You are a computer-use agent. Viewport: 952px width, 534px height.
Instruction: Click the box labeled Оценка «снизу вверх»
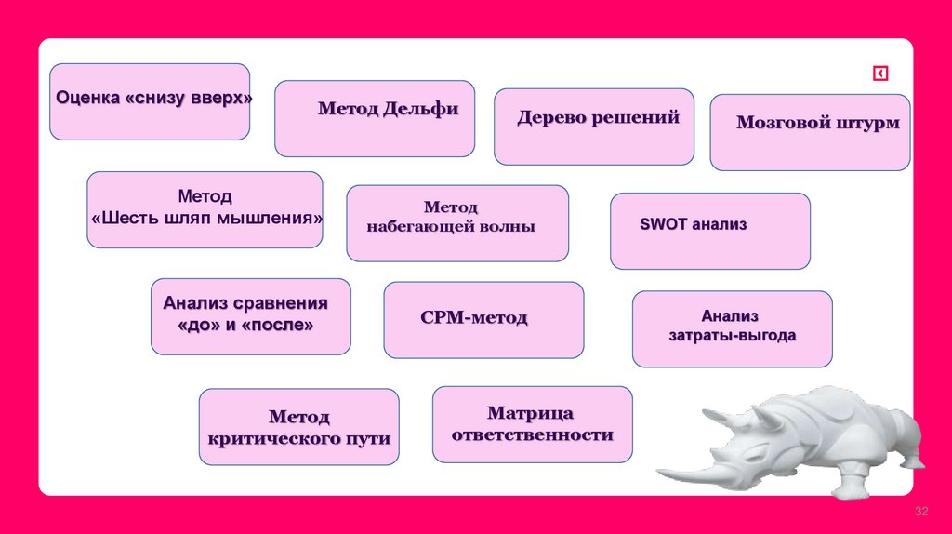point(149,101)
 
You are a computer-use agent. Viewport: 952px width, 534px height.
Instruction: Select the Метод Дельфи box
point(375,118)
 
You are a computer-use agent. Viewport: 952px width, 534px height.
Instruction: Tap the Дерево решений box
point(593,127)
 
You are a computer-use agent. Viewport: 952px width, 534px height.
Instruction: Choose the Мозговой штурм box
point(810,132)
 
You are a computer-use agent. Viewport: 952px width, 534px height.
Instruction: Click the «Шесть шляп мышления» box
point(205,209)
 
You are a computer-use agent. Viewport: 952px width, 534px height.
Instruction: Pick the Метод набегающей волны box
point(456,223)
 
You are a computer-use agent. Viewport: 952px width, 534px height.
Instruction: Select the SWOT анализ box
point(709,231)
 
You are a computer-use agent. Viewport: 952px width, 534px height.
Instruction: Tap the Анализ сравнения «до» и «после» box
point(250,316)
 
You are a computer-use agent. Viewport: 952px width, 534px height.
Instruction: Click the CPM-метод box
point(483,320)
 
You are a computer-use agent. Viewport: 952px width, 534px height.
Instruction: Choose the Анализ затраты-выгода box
point(732,328)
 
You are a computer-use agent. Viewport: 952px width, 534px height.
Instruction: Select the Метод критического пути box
point(298,427)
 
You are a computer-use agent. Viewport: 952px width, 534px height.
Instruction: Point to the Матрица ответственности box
point(532,424)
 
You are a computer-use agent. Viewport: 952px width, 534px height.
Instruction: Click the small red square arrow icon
point(879,74)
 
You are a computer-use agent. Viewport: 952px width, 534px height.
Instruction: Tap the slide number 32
point(922,513)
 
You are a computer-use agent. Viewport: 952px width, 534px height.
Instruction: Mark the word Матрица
point(530,413)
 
